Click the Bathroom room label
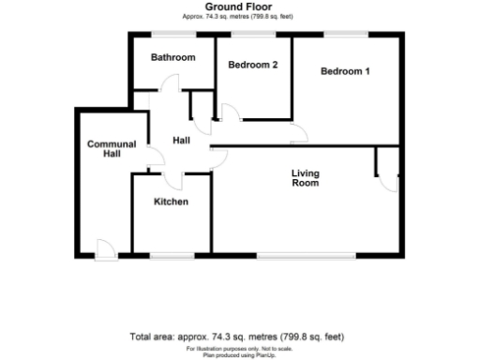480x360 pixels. click(x=173, y=58)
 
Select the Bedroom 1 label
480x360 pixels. click(x=346, y=71)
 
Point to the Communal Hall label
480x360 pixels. click(x=111, y=149)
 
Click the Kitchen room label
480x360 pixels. click(x=171, y=202)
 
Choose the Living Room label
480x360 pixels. click(x=305, y=178)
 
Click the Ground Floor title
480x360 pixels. click(x=240, y=7)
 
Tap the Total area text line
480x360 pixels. click(x=240, y=336)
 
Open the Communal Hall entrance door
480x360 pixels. click(x=106, y=248)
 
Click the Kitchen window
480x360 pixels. click(x=171, y=255)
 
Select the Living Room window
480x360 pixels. click(x=306, y=255)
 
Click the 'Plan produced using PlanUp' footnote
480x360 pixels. click(x=240, y=354)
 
